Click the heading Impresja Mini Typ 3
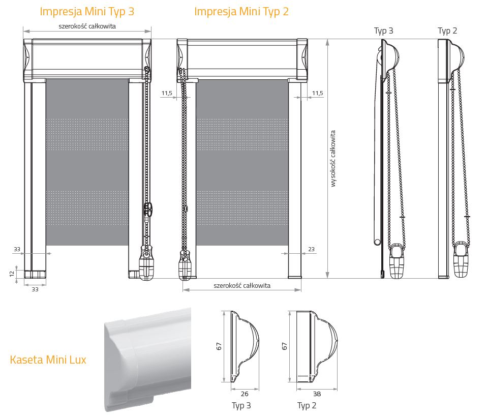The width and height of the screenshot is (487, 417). coord(87,12)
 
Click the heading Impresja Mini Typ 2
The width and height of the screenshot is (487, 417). coord(241,12)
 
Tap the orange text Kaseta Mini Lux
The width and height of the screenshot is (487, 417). coord(48,360)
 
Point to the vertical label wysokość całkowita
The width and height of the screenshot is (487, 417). coord(333,159)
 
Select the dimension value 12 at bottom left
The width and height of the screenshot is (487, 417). coord(12,274)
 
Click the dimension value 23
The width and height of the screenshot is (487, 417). coord(311,249)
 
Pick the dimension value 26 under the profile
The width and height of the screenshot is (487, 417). coord(245,394)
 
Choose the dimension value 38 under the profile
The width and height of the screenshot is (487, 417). coord(317,394)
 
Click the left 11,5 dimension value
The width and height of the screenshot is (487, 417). coord(167,93)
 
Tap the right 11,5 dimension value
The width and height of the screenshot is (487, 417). coord(317,93)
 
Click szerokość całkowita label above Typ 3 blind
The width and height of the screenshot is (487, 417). coord(87,26)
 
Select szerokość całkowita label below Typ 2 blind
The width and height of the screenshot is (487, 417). coord(242,285)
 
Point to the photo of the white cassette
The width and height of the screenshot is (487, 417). coord(147,359)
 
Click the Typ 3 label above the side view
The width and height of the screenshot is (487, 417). coord(384,31)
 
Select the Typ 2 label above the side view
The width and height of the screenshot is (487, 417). coord(447,31)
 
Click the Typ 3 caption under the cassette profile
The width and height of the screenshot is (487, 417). coord(241,405)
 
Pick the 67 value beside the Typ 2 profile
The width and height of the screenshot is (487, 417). coord(285,346)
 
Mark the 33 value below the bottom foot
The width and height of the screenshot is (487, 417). coord(35,289)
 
